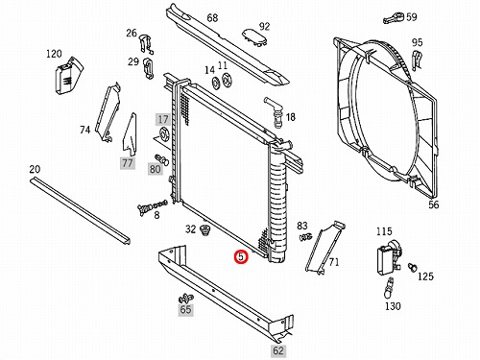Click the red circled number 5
[x=241, y=256]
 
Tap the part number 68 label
[x=212, y=18]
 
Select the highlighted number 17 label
[x=163, y=119]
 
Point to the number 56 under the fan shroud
[x=434, y=204]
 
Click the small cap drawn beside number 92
[x=254, y=37]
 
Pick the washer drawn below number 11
[x=227, y=80]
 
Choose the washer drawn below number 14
[x=215, y=83]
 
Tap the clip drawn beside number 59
[x=394, y=18]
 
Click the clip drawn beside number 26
[x=145, y=44]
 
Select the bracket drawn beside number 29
[x=148, y=68]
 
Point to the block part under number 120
[x=68, y=76]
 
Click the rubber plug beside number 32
[x=204, y=230]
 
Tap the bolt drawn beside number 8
[x=152, y=207]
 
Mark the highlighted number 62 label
[x=277, y=351]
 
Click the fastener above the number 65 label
[x=185, y=299]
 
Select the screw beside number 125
[x=412, y=267]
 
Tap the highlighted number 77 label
[x=128, y=163]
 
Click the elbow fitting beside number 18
[x=275, y=111]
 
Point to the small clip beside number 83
[x=305, y=237]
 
